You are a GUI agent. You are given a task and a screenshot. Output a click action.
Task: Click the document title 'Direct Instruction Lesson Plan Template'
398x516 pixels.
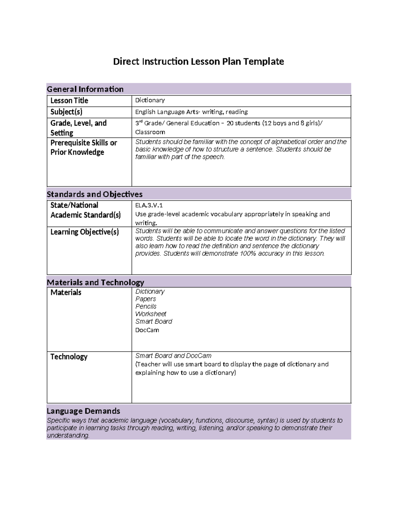click(198, 61)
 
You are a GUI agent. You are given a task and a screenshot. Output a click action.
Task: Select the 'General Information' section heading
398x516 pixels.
click(85, 89)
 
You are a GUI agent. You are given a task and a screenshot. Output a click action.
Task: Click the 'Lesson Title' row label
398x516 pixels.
click(69, 101)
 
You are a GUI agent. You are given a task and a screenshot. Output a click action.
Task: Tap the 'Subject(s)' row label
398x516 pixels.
click(66, 112)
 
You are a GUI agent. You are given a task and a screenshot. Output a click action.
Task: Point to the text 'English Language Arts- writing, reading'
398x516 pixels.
click(191, 112)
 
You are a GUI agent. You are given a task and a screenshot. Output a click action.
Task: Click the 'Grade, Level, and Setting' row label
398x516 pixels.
click(78, 128)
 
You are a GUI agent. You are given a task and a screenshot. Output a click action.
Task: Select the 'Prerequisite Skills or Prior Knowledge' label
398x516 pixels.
click(84, 148)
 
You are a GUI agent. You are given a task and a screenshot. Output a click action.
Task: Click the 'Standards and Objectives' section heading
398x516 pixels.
click(95, 194)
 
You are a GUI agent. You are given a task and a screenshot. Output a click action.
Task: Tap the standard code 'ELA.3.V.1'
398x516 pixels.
click(149, 205)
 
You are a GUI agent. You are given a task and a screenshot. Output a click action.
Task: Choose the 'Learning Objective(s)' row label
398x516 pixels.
click(84, 232)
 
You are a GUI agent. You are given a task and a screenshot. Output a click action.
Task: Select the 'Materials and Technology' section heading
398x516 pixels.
click(95, 282)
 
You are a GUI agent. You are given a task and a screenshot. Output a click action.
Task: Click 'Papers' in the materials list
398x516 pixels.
click(146, 299)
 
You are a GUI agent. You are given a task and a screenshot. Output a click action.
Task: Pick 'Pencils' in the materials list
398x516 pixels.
click(146, 306)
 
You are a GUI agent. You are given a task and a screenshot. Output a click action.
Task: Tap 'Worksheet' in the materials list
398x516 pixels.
click(151, 314)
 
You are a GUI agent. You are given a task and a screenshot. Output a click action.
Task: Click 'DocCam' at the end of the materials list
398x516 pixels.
click(147, 330)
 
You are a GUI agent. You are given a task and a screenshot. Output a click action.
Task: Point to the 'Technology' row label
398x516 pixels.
click(69, 357)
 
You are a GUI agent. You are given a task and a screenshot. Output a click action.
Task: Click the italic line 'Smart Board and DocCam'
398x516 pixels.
click(173, 356)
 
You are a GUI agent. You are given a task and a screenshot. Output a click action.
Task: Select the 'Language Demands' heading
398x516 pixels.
click(83, 411)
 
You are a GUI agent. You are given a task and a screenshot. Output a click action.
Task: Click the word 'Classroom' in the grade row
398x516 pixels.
click(150, 132)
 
